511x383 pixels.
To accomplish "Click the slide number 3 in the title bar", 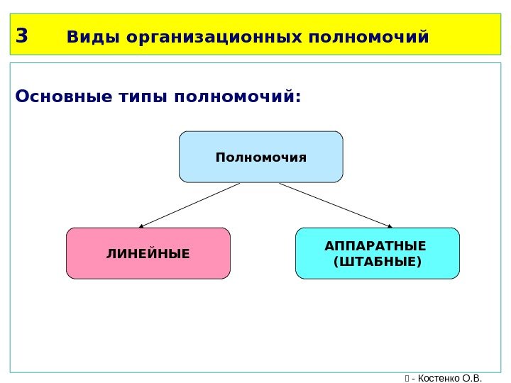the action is point(21,35).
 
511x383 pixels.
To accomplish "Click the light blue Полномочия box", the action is point(260,156).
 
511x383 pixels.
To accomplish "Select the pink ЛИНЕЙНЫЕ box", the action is point(148,252).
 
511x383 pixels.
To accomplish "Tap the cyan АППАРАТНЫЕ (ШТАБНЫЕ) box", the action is point(378,252).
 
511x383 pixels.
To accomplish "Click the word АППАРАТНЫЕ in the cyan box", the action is point(375,246).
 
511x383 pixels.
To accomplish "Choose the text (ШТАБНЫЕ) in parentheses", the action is point(377,262).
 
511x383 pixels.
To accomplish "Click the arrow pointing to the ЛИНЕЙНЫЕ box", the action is point(190,205).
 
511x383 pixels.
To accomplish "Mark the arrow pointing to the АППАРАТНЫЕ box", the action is point(335,205).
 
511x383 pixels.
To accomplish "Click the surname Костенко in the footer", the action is point(439,377).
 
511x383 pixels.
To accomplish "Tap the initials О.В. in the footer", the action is point(472,377).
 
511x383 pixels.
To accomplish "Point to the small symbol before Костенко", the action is point(406,377).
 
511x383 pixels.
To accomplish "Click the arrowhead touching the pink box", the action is point(141,226).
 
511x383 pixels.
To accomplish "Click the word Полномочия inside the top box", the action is point(260,157).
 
